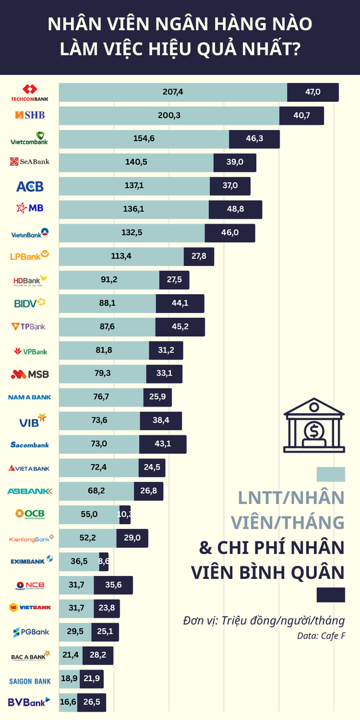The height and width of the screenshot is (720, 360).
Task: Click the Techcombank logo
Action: (x=30, y=93)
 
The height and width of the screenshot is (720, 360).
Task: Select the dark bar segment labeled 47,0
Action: (x=313, y=92)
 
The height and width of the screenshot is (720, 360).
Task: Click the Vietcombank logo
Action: (x=30, y=139)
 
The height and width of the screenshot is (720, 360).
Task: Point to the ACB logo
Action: (x=30, y=186)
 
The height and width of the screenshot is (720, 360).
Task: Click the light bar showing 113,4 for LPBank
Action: (x=121, y=256)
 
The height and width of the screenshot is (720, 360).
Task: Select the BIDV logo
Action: (x=30, y=303)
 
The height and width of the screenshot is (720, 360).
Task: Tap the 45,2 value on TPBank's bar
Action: (x=180, y=327)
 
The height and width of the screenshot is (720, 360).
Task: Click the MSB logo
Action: (x=30, y=374)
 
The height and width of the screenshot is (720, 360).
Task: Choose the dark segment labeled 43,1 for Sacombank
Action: (x=163, y=444)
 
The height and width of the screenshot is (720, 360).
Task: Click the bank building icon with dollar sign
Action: (x=314, y=425)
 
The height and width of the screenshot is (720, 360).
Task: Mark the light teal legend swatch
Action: (x=331, y=474)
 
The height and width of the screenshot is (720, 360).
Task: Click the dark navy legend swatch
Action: (x=331, y=595)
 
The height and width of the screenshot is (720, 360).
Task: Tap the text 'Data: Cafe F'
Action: (x=321, y=636)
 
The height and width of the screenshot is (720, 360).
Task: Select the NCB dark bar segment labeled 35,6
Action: (x=113, y=585)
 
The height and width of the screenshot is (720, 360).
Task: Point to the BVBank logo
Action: (x=30, y=702)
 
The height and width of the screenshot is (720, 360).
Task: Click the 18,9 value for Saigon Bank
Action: (x=69, y=679)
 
